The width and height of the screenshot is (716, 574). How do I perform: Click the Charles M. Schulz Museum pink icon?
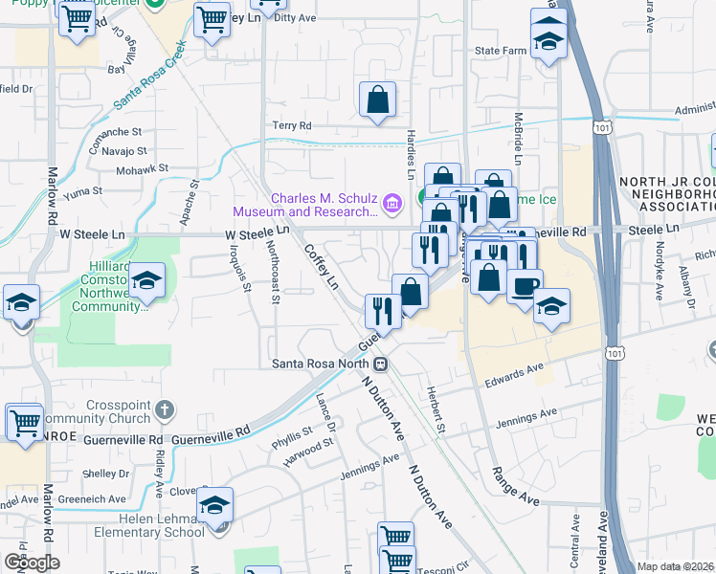392,203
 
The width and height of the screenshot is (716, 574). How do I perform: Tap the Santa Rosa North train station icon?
381,364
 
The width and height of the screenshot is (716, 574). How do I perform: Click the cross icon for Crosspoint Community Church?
165,411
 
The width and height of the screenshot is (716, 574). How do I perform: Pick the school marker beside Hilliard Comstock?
147,281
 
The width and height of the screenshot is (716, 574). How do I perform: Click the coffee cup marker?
524,286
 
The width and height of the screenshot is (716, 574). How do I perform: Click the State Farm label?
503,50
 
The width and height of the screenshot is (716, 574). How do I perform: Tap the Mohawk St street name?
142,168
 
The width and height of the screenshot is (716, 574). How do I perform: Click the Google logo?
32,562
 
